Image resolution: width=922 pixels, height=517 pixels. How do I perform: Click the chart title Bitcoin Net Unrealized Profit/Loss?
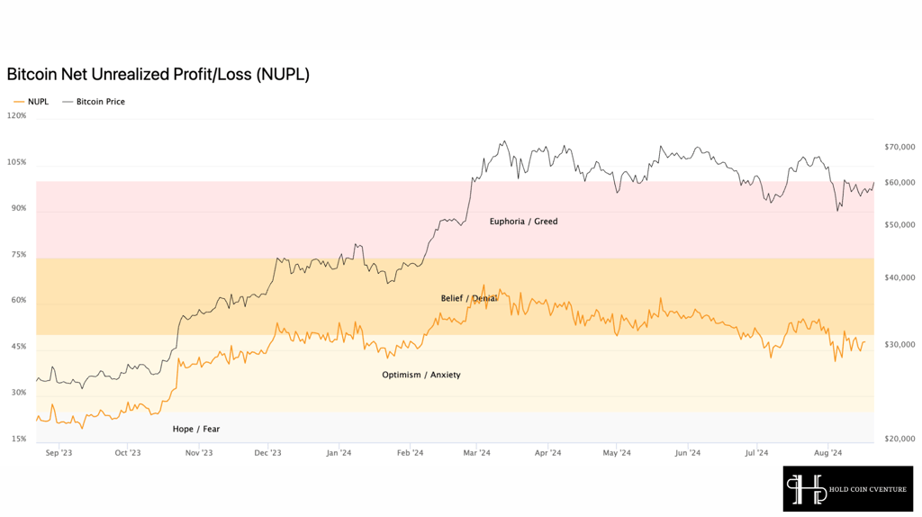[158, 75]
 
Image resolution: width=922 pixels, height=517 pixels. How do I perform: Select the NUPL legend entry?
[32, 102]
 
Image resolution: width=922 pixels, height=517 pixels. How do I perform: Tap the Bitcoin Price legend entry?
[94, 102]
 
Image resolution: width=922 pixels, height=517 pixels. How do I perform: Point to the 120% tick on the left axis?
[16, 116]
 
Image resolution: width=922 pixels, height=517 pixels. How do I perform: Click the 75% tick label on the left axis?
[19, 255]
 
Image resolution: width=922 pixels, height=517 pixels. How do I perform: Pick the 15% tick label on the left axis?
[19, 439]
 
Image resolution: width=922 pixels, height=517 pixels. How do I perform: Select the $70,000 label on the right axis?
[899, 147]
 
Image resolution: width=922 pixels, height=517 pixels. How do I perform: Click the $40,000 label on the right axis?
[899, 277]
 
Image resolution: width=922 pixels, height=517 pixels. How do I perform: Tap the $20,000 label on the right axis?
[899, 439]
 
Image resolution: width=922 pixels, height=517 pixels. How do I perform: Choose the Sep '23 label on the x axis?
[59, 453]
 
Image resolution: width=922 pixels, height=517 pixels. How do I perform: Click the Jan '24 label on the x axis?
[339, 453]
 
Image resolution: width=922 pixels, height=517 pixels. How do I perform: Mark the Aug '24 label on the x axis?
[828, 453]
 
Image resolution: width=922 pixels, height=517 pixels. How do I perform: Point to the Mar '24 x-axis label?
[476, 453]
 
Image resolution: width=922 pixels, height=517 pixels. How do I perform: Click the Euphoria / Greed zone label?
[523, 222]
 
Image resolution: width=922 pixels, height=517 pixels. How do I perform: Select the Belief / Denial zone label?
[468, 299]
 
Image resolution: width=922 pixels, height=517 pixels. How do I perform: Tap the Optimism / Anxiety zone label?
[421, 376]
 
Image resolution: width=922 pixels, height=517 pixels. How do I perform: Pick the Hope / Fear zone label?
[195, 430]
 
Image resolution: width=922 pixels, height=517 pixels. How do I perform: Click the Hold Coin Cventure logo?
[848, 489]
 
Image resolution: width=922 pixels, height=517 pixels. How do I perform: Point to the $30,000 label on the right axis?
[899, 345]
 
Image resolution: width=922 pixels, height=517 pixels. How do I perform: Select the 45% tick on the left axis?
[19, 347]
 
